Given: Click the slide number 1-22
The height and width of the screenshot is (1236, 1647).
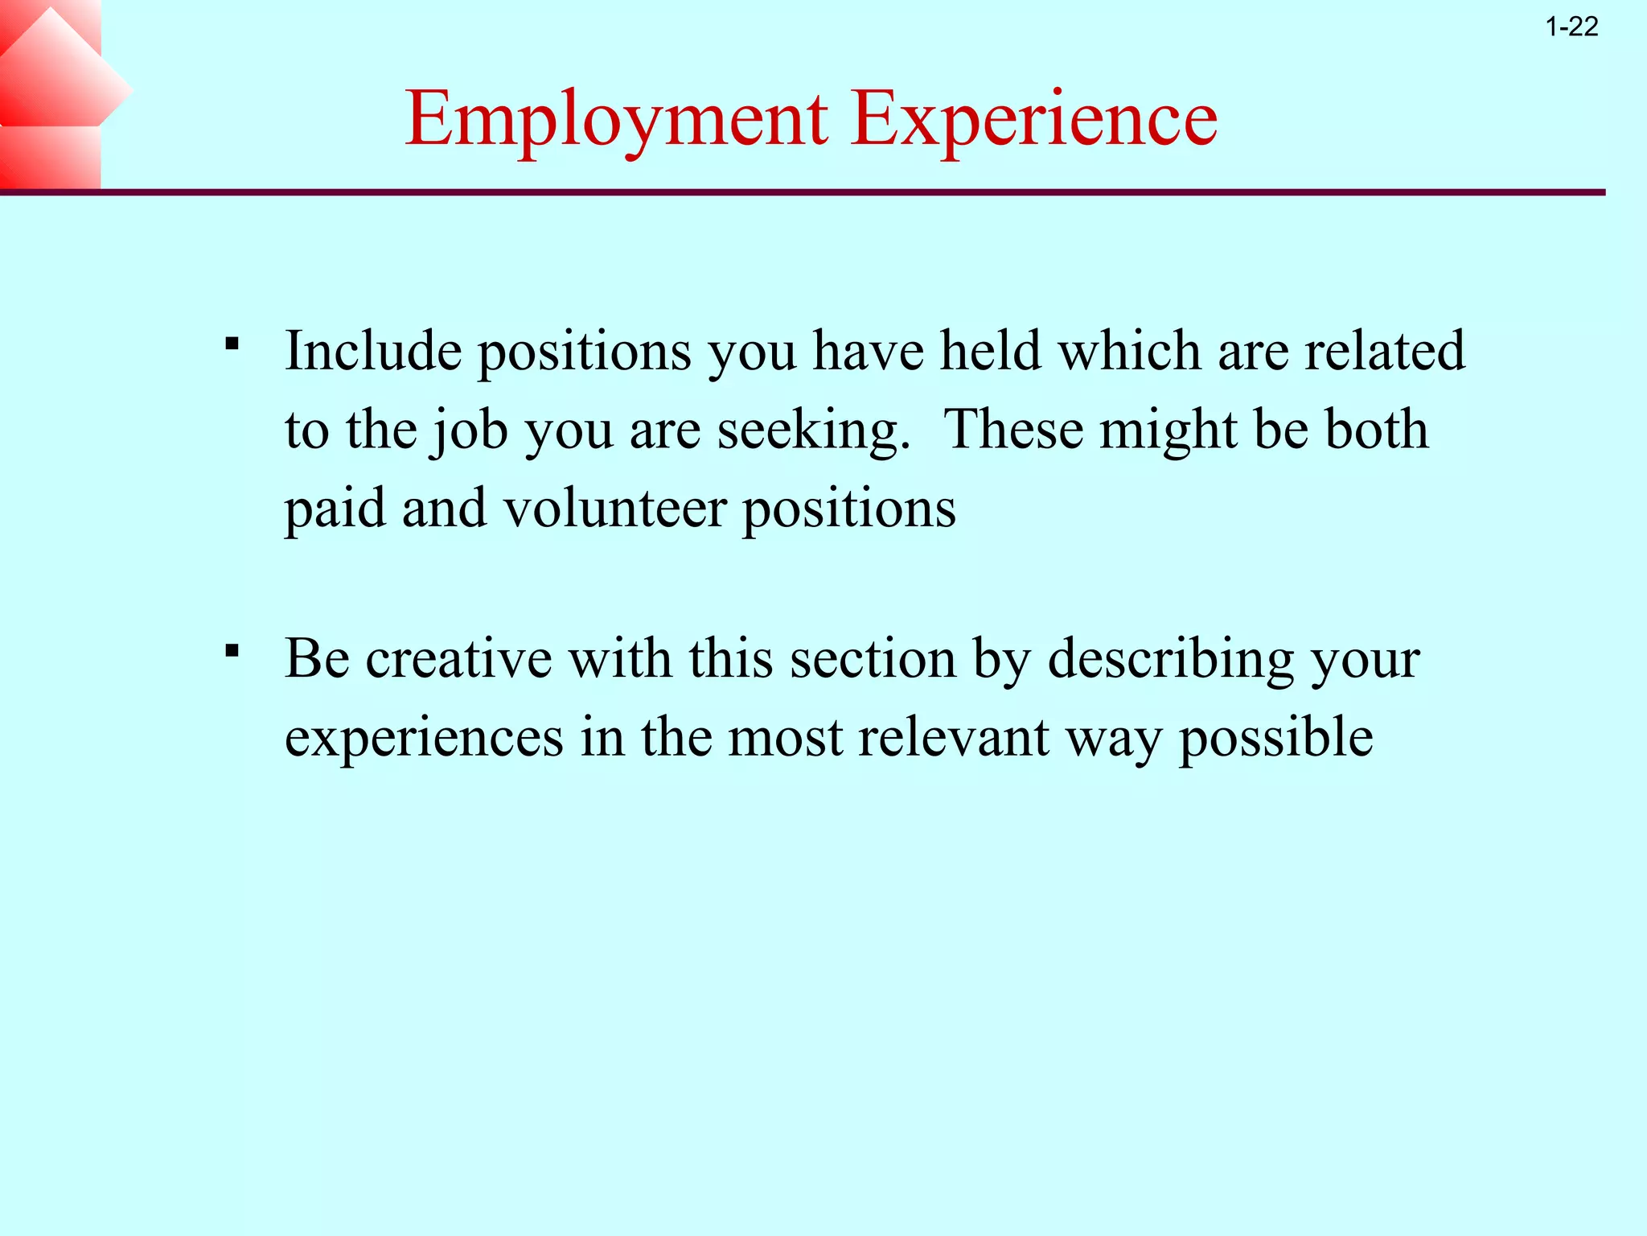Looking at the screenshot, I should (x=1571, y=27).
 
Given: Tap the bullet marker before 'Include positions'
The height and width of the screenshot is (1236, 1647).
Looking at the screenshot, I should (x=232, y=345).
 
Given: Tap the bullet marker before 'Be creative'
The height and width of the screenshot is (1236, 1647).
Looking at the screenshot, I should (x=232, y=651).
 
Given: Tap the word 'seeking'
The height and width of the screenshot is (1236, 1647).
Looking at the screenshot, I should (x=812, y=430).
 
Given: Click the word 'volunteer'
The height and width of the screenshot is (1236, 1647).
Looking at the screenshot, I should (x=615, y=509).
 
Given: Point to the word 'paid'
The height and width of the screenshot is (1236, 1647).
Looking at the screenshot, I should (x=335, y=509).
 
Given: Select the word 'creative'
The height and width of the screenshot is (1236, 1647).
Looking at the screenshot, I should (x=458, y=659).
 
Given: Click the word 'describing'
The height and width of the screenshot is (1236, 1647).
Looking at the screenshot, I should (x=1171, y=659).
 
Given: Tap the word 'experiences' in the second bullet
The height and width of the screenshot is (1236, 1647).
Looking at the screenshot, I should (x=424, y=737).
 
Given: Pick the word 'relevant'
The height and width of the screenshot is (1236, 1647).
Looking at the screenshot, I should (x=954, y=737).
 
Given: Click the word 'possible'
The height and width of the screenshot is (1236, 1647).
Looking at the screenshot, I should (x=1276, y=737).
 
